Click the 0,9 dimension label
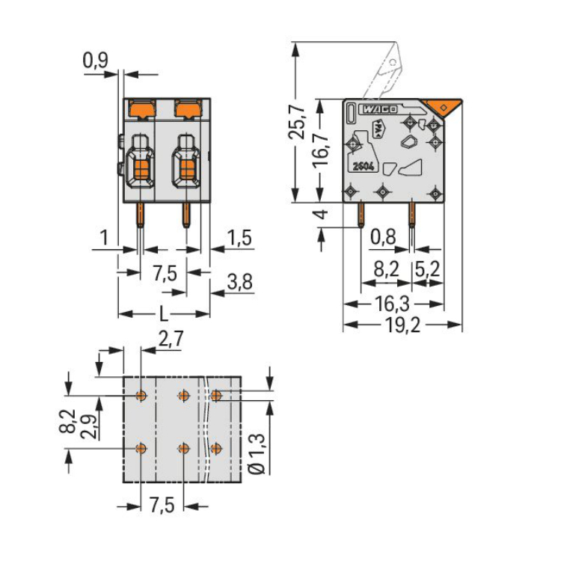95,60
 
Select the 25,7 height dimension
297,123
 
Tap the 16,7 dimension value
320,149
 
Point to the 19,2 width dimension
402,325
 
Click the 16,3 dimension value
392,304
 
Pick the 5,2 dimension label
427,269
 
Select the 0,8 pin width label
383,236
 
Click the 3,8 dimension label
239,281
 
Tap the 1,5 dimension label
239,238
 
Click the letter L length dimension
164,313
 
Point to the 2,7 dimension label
171,338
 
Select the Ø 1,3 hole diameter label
257,454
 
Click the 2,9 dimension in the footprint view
88,427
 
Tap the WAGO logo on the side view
379,109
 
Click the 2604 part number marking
363,166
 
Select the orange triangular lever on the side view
442,107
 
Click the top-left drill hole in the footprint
141,396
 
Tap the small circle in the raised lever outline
393,63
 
